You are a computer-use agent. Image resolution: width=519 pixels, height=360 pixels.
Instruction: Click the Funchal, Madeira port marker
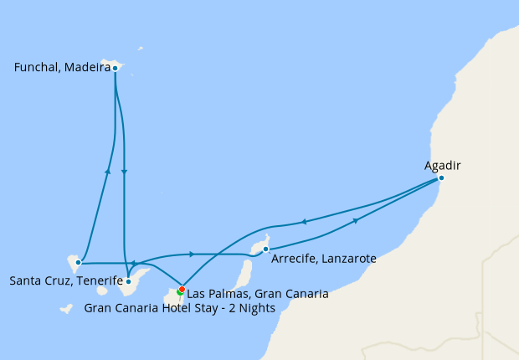point(115,69)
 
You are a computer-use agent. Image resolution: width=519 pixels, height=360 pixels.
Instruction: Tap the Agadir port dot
point(441,177)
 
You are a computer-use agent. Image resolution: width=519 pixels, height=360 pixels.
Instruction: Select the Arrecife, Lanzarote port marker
point(265,249)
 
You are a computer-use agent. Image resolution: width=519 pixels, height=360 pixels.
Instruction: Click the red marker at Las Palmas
point(182,290)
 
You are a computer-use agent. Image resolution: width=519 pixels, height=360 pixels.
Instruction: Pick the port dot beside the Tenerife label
point(78,262)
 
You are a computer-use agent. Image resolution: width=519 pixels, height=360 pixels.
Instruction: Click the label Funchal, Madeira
point(63,69)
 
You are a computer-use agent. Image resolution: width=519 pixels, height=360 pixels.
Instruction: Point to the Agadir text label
point(443,166)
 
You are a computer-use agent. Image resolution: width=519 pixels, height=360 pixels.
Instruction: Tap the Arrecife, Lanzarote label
point(324,260)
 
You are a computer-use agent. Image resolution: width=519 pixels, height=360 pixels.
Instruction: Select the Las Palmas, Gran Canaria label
point(258,294)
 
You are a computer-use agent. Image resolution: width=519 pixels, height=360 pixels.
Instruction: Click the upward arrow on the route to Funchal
point(108,170)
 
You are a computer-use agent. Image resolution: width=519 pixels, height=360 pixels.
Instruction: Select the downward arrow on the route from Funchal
point(124,172)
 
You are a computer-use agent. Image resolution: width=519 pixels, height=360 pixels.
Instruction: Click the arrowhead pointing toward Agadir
point(357,220)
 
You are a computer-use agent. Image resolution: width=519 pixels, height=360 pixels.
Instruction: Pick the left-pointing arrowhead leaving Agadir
point(303,222)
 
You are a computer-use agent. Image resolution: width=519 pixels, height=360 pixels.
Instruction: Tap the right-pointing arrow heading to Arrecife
point(193,254)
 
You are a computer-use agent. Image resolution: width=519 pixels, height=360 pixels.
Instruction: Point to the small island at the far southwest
point(66,309)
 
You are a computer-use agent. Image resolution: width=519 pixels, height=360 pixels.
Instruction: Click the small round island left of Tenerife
point(102,291)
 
